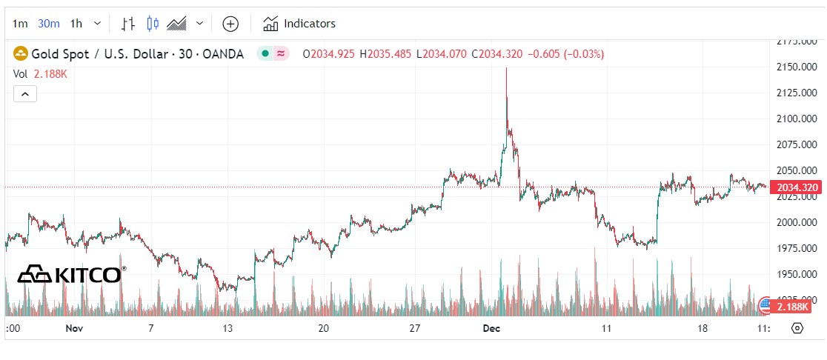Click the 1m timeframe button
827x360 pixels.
(x=20, y=24)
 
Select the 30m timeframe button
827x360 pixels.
(x=49, y=24)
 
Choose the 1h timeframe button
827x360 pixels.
(x=76, y=24)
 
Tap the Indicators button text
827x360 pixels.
(x=309, y=24)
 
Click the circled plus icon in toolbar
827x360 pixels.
(x=230, y=24)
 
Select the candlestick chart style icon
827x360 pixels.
(x=153, y=24)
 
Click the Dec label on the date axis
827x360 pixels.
(x=491, y=328)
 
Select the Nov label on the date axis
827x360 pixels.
(x=73, y=328)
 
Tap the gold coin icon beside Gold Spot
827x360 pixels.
(x=21, y=53)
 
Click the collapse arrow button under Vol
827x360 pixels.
(x=24, y=94)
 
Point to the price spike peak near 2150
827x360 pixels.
(x=506, y=68)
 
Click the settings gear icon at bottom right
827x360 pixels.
(x=797, y=328)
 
